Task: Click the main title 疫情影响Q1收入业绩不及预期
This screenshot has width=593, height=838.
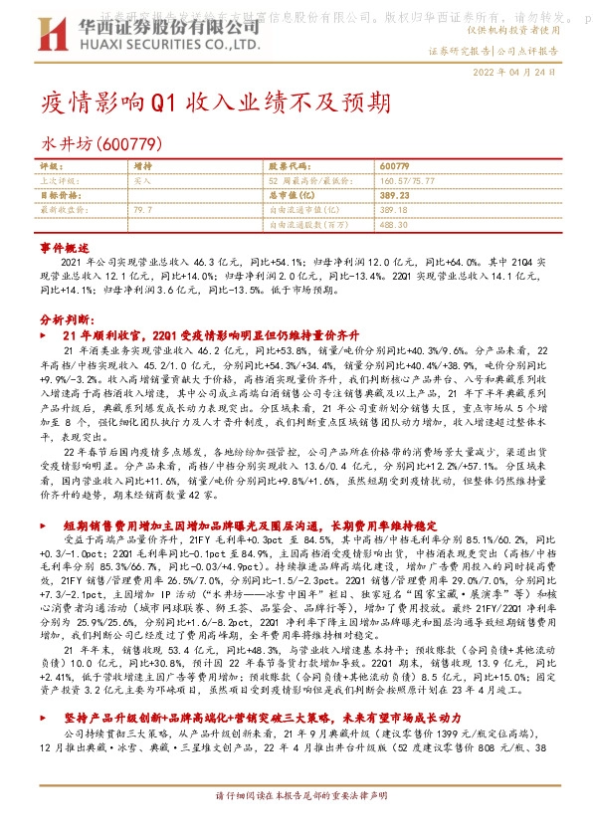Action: (x=208, y=103)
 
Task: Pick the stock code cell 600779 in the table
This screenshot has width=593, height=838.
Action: (x=394, y=165)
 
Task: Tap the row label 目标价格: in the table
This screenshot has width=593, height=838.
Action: (x=62, y=196)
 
